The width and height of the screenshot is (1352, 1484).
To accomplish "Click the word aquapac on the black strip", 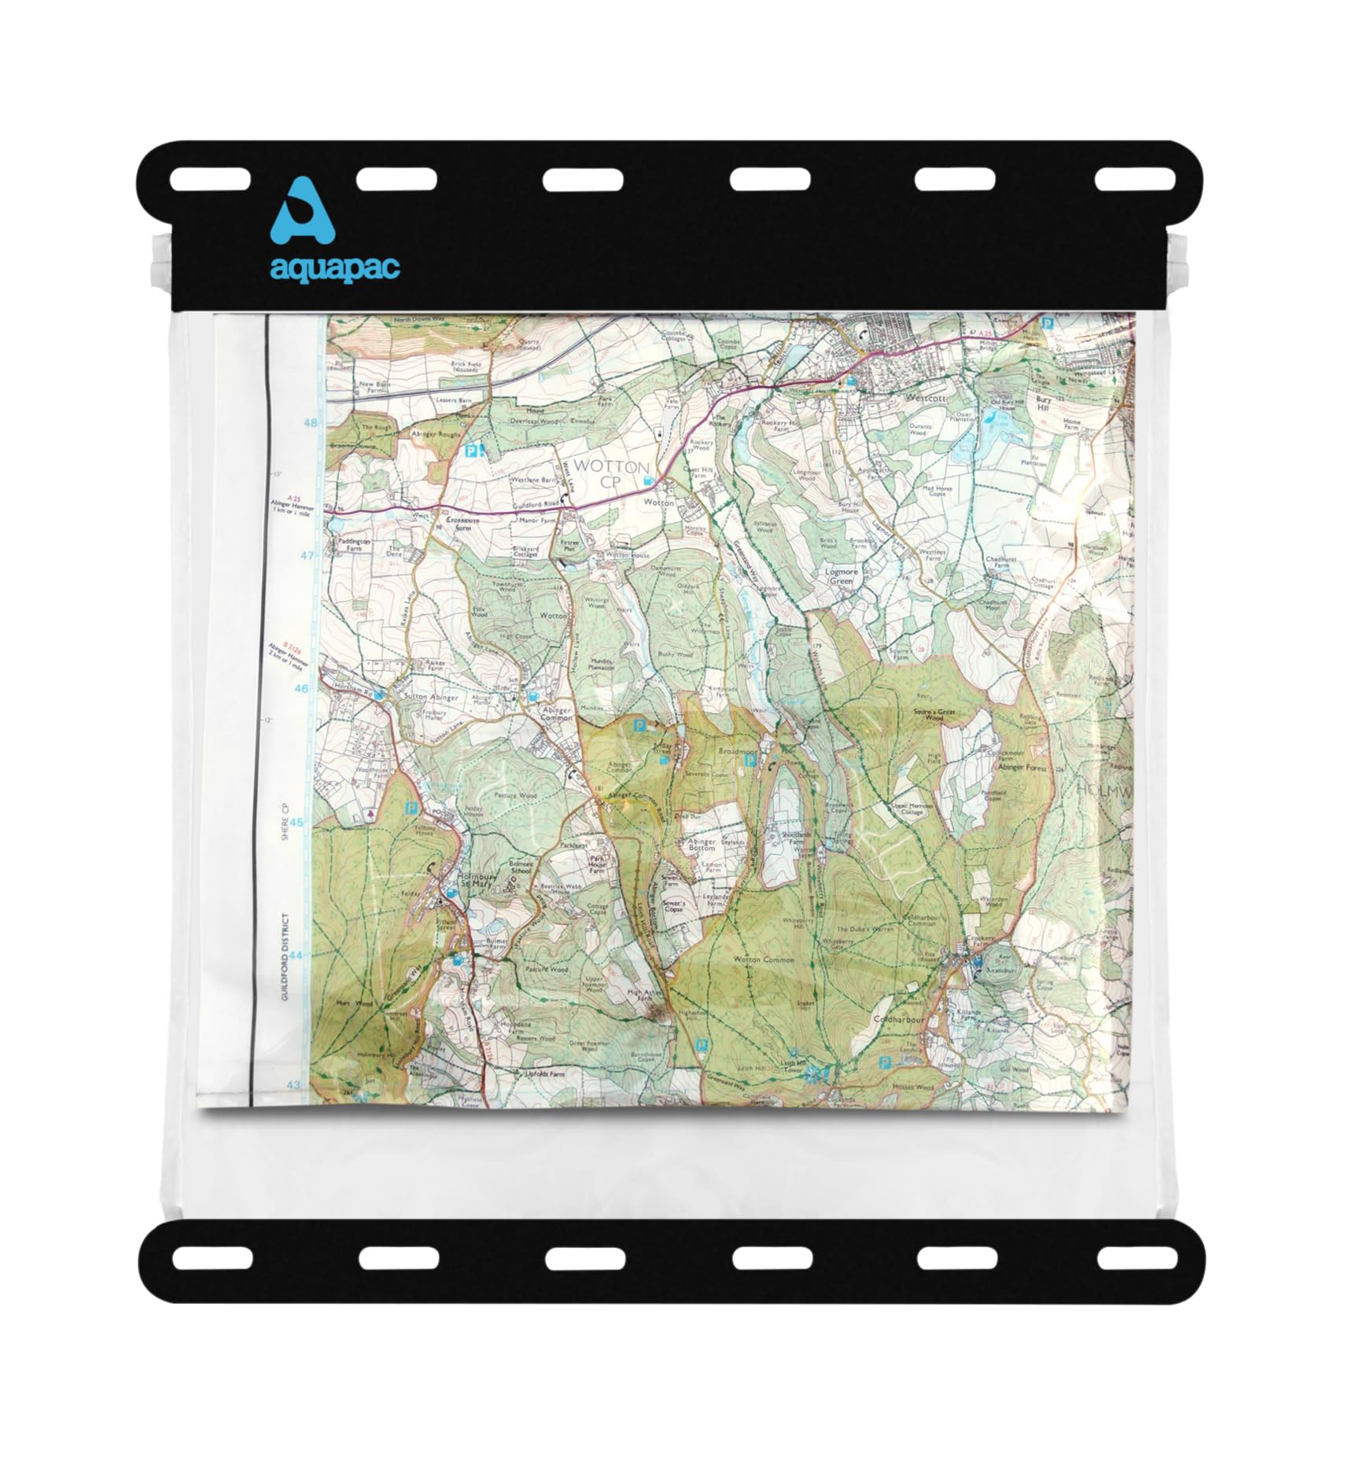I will click(x=335, y=267).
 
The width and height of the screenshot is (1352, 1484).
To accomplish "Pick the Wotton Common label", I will click(x=764, y=959).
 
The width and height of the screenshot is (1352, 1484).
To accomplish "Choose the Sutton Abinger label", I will click(x=430, y=697).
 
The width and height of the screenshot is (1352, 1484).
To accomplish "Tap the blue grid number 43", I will click(x=293, y=1085).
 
